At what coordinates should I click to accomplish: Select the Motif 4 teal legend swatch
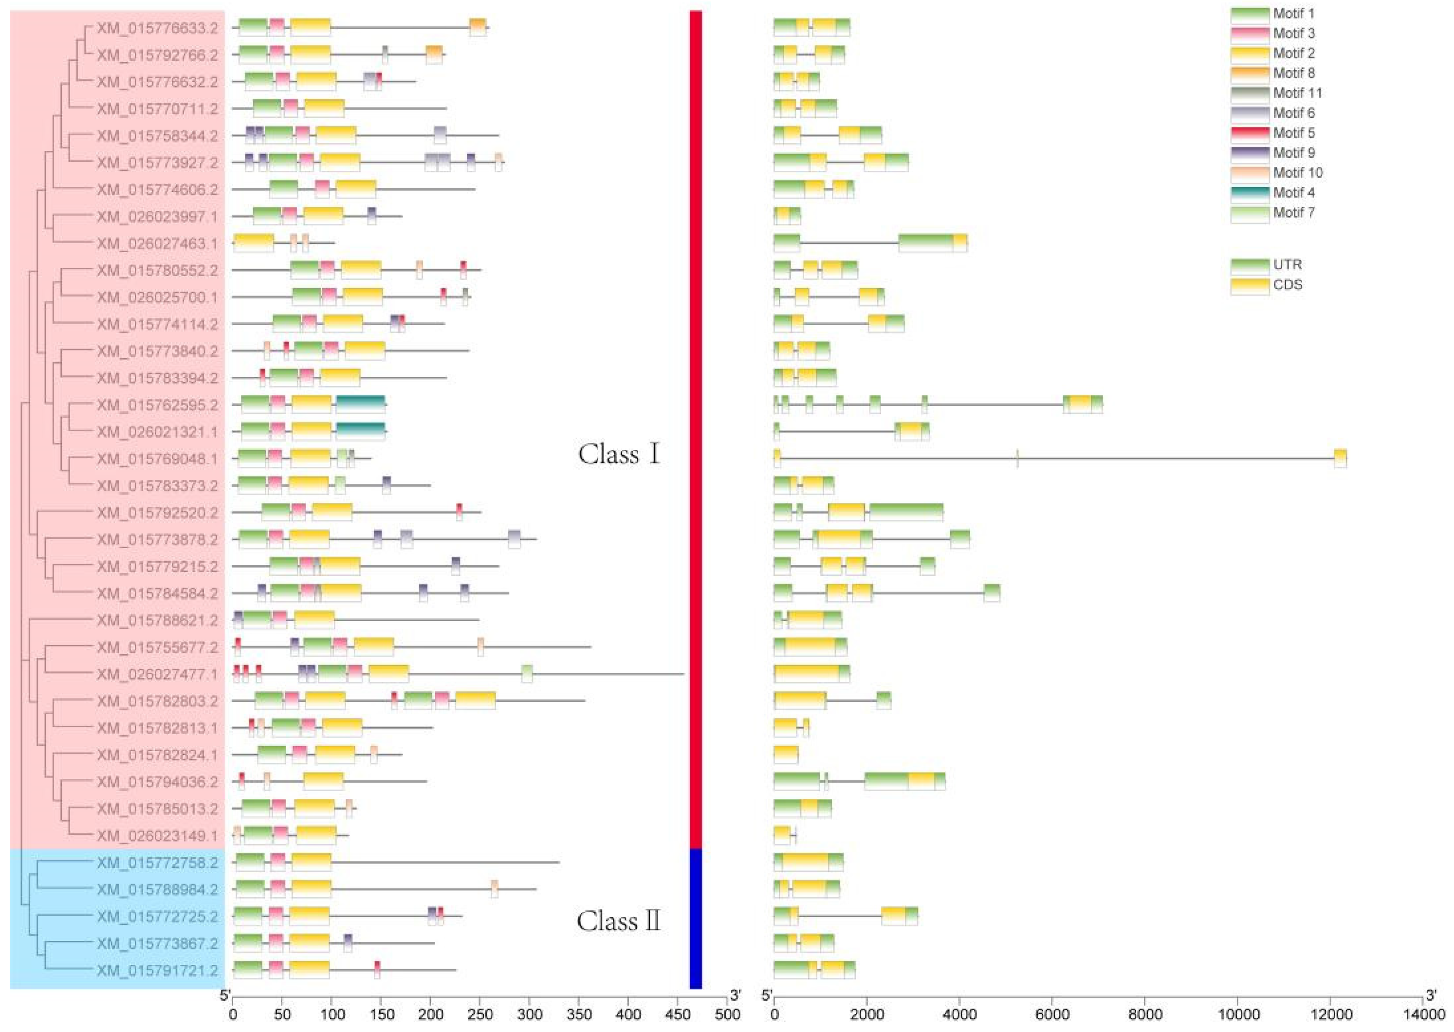tap(1250, 193)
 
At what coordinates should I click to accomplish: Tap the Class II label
tap(618, 921)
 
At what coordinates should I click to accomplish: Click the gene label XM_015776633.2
tap(157, 28)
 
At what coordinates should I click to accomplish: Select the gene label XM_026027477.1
tap(157, 674)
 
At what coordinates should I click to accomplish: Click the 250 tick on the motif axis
tap(480, 1014)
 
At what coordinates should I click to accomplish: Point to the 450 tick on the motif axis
tap(678, 1014)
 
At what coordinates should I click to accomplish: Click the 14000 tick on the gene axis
tap(1422, 1014)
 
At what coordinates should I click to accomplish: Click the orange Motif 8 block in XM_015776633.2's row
tap(478, 27)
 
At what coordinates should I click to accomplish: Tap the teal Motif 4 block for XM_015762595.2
tap(360, 404)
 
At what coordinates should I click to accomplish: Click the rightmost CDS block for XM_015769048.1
tap(1340, 458)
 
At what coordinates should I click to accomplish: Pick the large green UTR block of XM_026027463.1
tap(925, 243)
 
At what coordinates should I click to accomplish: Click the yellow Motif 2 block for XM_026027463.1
tap(254, 243)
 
